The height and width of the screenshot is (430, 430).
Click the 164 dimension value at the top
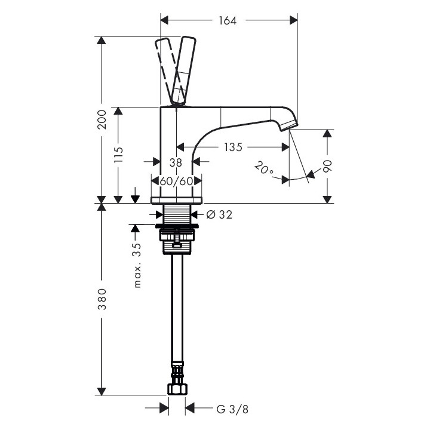tap(228, 20)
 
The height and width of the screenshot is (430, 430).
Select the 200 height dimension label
tap(102, 119)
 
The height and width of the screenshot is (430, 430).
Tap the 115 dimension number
tap(118, 155)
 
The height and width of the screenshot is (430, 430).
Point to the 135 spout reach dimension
tap(233, 148)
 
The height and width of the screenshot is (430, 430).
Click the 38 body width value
tap(176, 163)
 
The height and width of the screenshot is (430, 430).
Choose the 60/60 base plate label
tap(177, 182)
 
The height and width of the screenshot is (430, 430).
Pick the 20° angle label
tap(263, 168)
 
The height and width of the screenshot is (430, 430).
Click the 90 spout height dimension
tap(327, 166)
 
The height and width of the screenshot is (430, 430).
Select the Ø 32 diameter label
tap(219, 215)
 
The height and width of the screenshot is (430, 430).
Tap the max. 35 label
tap(138, 265)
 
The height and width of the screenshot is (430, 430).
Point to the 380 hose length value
tap(102, 299)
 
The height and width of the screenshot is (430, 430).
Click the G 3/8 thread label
tap(232, 410)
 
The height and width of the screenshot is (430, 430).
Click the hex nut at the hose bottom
tap(177, 389)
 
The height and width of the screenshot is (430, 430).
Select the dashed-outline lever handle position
tap(169, 71)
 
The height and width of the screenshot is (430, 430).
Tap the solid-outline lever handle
tap(183, 70)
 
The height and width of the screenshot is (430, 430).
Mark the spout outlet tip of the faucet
tap(289, 127)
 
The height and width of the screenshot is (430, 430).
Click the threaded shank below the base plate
tap(177, 214)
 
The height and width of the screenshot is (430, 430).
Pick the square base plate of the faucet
tap(177, 201)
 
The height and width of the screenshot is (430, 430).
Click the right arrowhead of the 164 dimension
tap(294, 20)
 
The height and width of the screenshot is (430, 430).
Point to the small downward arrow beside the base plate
tap(135, 195)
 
